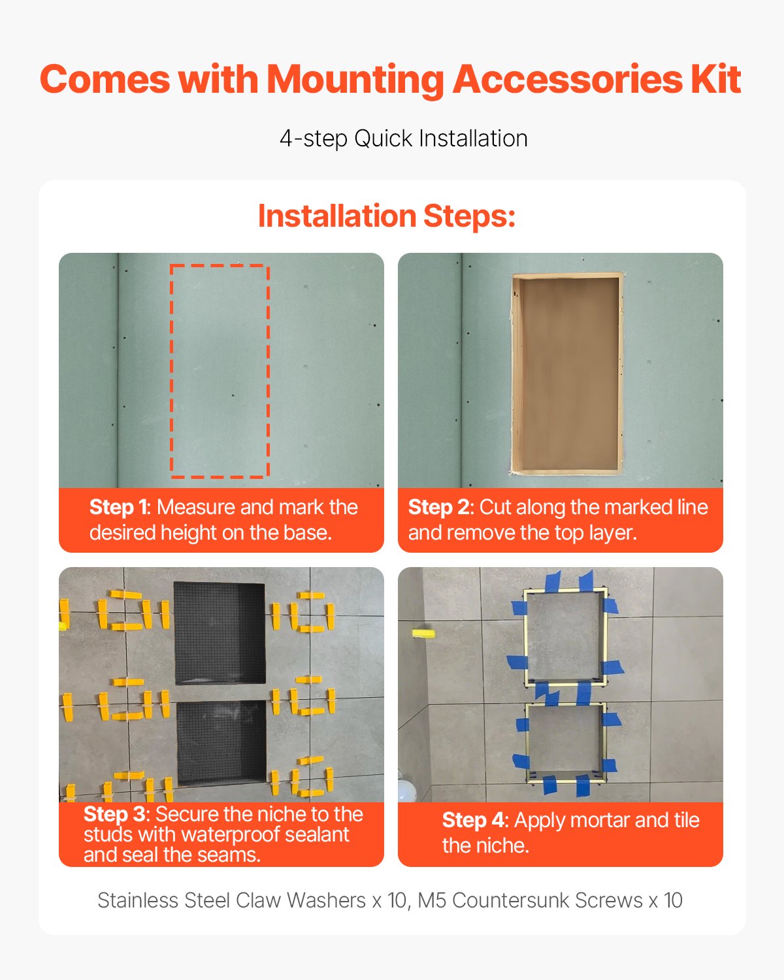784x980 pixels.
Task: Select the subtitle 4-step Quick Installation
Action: point(403,139)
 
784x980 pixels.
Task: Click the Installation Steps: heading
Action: point(387,216)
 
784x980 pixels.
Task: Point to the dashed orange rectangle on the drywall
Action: point(220,370)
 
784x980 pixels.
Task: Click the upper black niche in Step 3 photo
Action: point(220,631)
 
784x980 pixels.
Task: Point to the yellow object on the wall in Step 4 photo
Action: point(423,633)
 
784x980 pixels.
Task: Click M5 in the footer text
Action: point(433,900)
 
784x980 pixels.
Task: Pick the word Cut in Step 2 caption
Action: point(495,508)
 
